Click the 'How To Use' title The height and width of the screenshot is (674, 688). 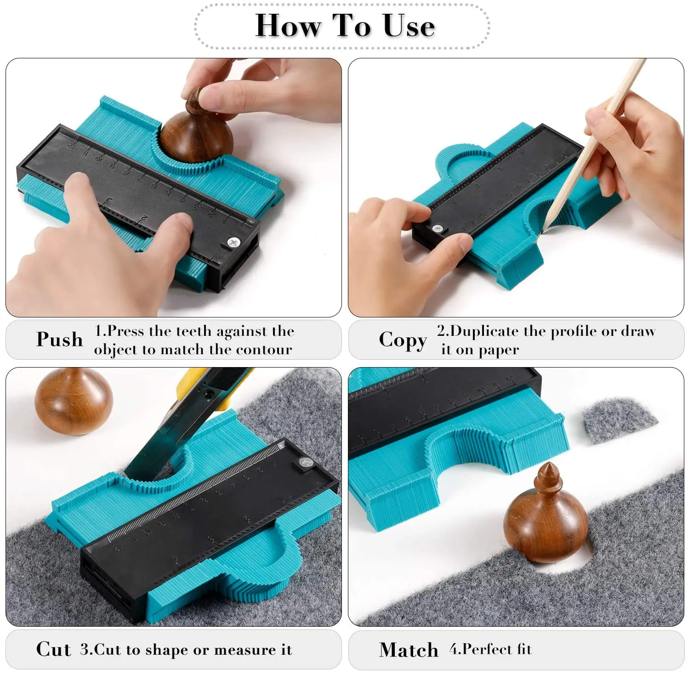coord(344,26)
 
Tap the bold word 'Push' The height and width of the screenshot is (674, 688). coord(59,340)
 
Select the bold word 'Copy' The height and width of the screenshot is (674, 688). coord(403,340)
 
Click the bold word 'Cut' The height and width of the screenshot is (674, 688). coord(53,649)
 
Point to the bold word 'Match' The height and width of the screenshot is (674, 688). coord(409,650)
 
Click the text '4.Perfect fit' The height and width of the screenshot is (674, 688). coord(490,649)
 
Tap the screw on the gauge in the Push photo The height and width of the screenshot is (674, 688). coord(233,242)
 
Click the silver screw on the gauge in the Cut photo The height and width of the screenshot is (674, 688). coord(304,462)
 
